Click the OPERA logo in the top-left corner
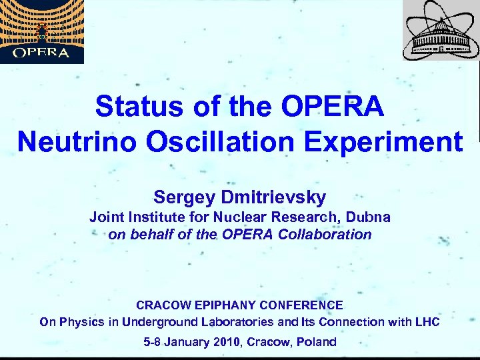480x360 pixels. pos(42,31)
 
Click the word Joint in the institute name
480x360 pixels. pos(107,217)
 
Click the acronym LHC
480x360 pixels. pos(426,323)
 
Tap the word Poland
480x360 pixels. pos(315,342)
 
